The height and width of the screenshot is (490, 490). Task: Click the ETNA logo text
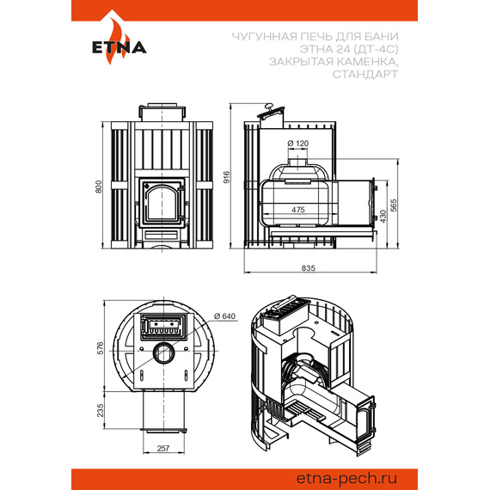coord(119,47)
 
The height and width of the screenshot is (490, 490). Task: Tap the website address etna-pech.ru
coord(346,478)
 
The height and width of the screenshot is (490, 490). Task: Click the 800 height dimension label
coord(99,187)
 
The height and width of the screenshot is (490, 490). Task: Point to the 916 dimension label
coord(226,177)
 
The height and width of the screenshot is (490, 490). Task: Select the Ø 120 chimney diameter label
coord(297,144)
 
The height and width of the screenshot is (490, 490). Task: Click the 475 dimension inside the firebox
coord(297,210)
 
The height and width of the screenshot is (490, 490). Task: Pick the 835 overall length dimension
coord(309,268)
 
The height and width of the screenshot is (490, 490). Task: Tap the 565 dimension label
coord(394,205)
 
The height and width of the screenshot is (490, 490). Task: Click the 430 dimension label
coord(383,217)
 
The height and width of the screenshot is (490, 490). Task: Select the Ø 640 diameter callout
coord(224,316)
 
